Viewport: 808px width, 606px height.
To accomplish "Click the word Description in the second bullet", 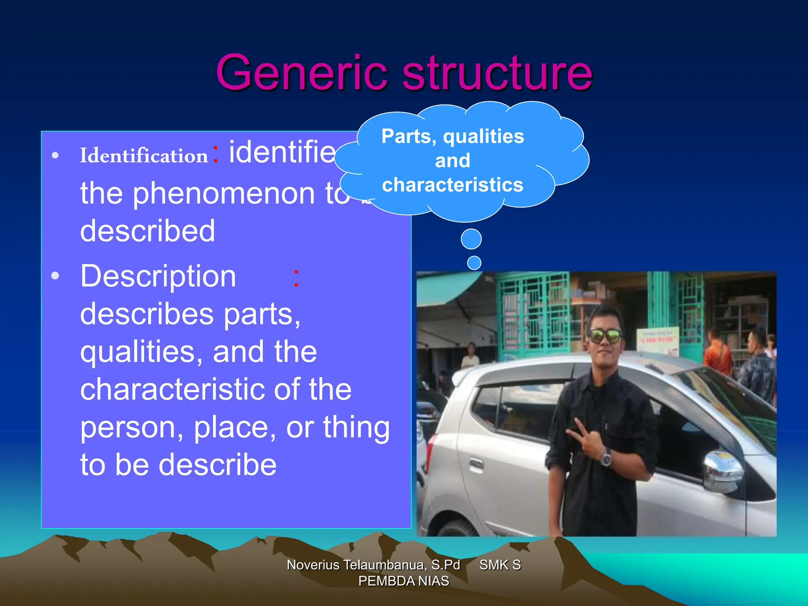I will (x=158, y=276).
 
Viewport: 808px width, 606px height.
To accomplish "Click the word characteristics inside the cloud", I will (x=453, y=185).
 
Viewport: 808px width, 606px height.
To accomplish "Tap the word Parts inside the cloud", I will (x=408, y=137).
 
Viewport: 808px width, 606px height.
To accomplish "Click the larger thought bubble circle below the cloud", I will (x=471, y=239).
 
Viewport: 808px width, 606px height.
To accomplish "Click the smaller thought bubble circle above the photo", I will (x=474, y=263).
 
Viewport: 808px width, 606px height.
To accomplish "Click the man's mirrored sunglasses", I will (x=605, y=336).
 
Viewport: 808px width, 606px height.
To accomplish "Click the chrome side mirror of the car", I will (x=722, y=468).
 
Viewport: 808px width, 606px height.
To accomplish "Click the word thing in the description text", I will (x=356, y=427).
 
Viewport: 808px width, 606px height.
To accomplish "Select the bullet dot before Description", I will (x=55, y=276).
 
